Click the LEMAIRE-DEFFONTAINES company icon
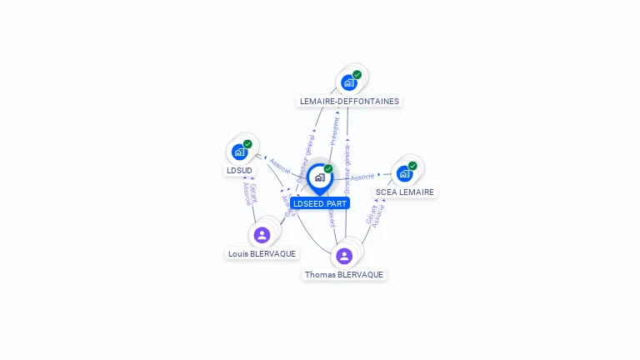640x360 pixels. click(x=348, y=82)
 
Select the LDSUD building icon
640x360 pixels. click(x=239, y=152)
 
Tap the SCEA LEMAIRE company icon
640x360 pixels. click(x=404, y=173)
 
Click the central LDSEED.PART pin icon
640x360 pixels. click(x=319, y=177)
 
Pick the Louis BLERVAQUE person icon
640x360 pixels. click(x=262, y=235)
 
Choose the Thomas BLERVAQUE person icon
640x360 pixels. click(x=344, y=256)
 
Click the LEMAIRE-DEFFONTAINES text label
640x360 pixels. click(x=349, y=102)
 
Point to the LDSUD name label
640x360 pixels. click(x=239, y=171)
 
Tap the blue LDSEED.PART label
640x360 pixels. click(x=320, y=203)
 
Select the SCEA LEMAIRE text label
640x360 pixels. click(x=405, y=192)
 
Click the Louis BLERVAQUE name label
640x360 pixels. click(x=262, y=254)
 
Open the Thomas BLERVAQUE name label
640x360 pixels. click(x=344, y=275)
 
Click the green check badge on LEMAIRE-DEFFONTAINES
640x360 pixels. click(x=357, y=75)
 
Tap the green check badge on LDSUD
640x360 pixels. click(x=247, y=144)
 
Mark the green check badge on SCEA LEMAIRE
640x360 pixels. click(x=412, y=166)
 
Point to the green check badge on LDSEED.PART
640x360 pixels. click(x=328, y=169)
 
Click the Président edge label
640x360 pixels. click(x=335, y=132)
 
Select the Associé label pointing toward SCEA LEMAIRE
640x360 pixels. click(x=362, y=177)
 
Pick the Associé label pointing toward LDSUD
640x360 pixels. click(x=279, y=163)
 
